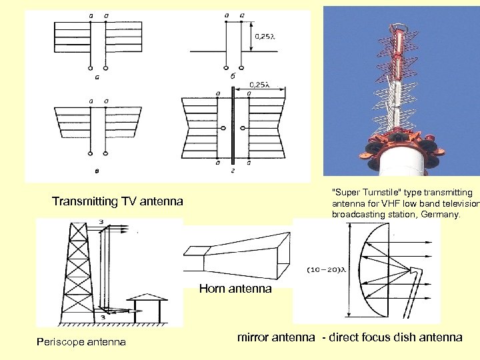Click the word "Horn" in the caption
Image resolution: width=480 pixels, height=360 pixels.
[x=212, y=289]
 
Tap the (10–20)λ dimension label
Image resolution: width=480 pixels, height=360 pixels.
[x=326, y=270]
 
